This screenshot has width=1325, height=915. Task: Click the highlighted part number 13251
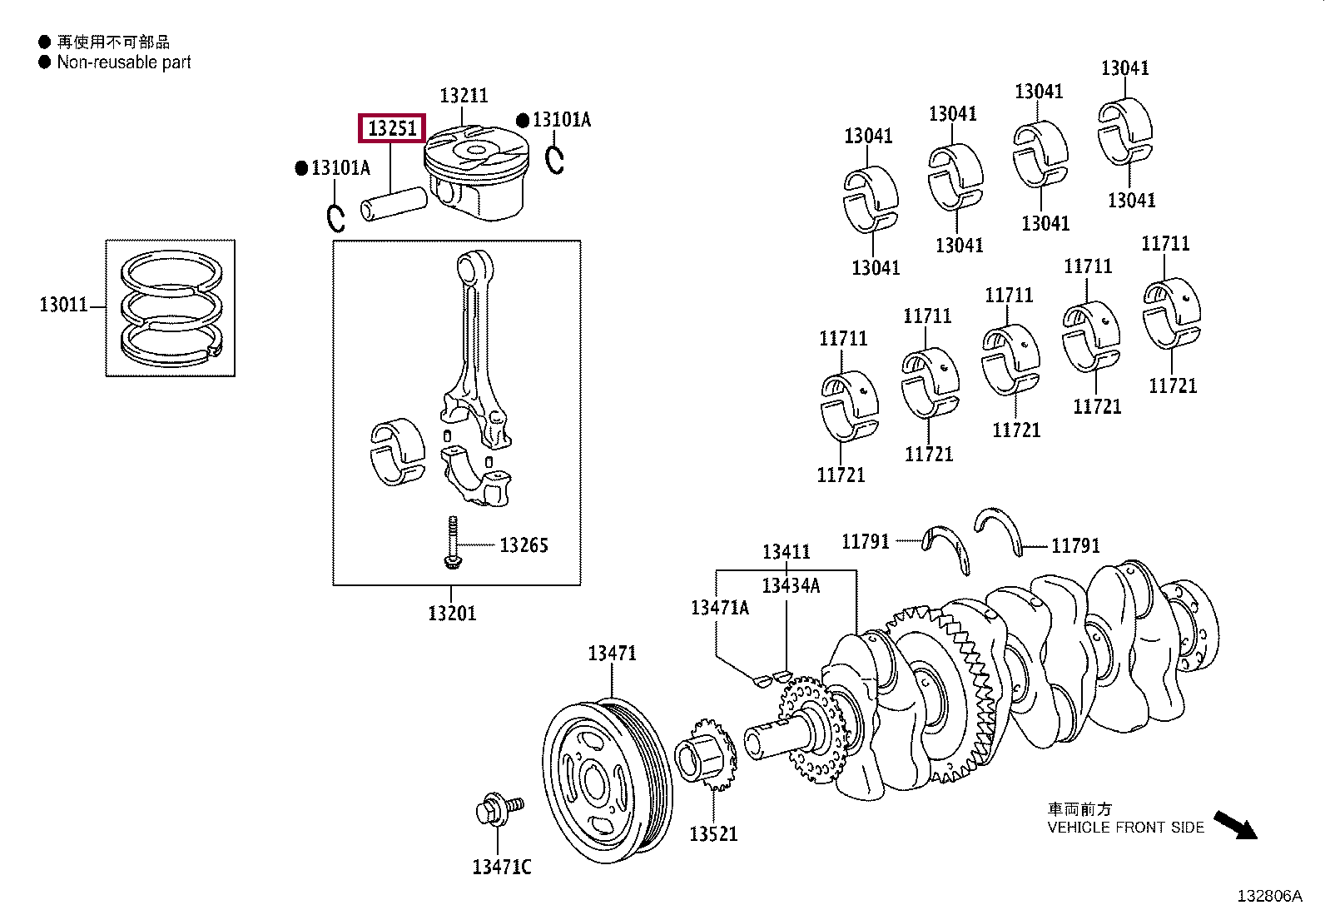(x=391, y=128)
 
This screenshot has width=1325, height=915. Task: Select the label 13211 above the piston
(x=464, y=96)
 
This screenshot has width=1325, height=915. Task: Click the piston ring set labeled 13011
(x=172, y=307)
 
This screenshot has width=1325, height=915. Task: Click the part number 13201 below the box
(x=452, y=614)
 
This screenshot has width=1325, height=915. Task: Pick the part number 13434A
(x=791, y=585)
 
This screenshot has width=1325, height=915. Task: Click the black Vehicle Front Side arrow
(x=1235, y=825)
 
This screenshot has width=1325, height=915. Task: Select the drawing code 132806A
(x=1268, y=896)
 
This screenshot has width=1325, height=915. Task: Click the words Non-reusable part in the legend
(x=124, y=62)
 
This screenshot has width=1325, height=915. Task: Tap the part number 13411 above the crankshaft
(x=787, y=552)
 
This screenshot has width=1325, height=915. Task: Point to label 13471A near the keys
(x=719, y=608)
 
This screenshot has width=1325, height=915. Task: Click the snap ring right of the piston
(x=555, y=159)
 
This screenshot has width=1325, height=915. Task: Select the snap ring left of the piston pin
(x=335, y=218)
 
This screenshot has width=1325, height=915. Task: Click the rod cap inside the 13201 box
(x=476, y=478)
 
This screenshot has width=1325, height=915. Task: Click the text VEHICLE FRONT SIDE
(x=1125, y=827)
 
